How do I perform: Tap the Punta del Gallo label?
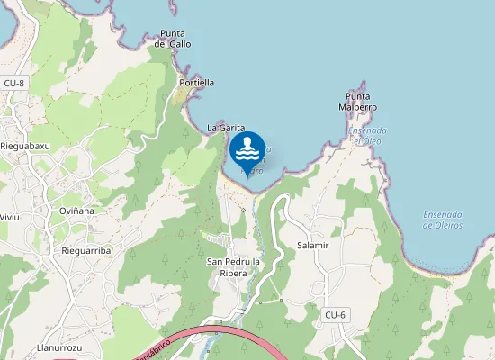click(173, 39)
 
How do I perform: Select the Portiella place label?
click(197, 83)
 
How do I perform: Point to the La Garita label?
click(226, 129)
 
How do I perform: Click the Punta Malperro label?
click(357, 102)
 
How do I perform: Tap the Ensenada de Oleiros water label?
click(443, 220)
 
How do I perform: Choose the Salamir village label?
click(313, 245)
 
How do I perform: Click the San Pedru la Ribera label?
click(233, 267)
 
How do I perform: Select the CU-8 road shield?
click(13, 83)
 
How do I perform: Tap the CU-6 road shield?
click(335, 314)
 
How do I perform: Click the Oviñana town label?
click(76, 211)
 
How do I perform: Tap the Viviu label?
click(9, 218)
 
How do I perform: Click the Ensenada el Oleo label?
click(367, 135)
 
